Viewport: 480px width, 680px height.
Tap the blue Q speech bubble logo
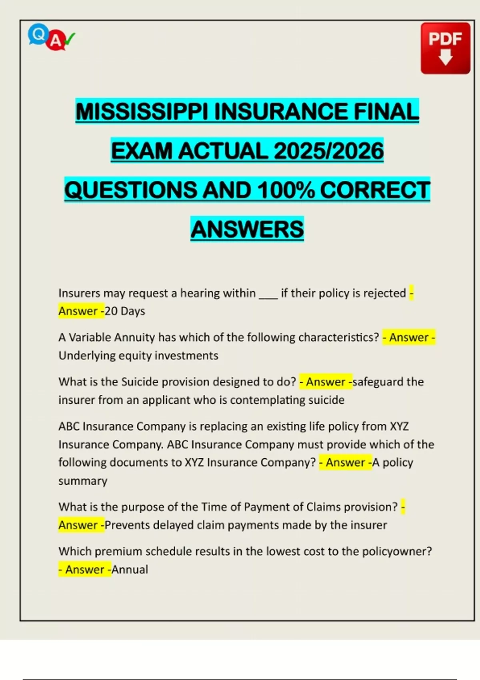click(38, 34)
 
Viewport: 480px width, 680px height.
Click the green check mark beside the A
click(70, 39)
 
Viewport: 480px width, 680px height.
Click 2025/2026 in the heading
click(328, 151)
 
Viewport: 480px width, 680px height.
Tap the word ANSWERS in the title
click(247, 229)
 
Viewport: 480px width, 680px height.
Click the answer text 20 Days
click(125, 311)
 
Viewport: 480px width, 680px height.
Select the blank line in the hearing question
click(268, 294)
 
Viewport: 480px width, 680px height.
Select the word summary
click(83, 481)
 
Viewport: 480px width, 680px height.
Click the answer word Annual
click(130, 570)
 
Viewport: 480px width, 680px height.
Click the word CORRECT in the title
click(375, 190)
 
